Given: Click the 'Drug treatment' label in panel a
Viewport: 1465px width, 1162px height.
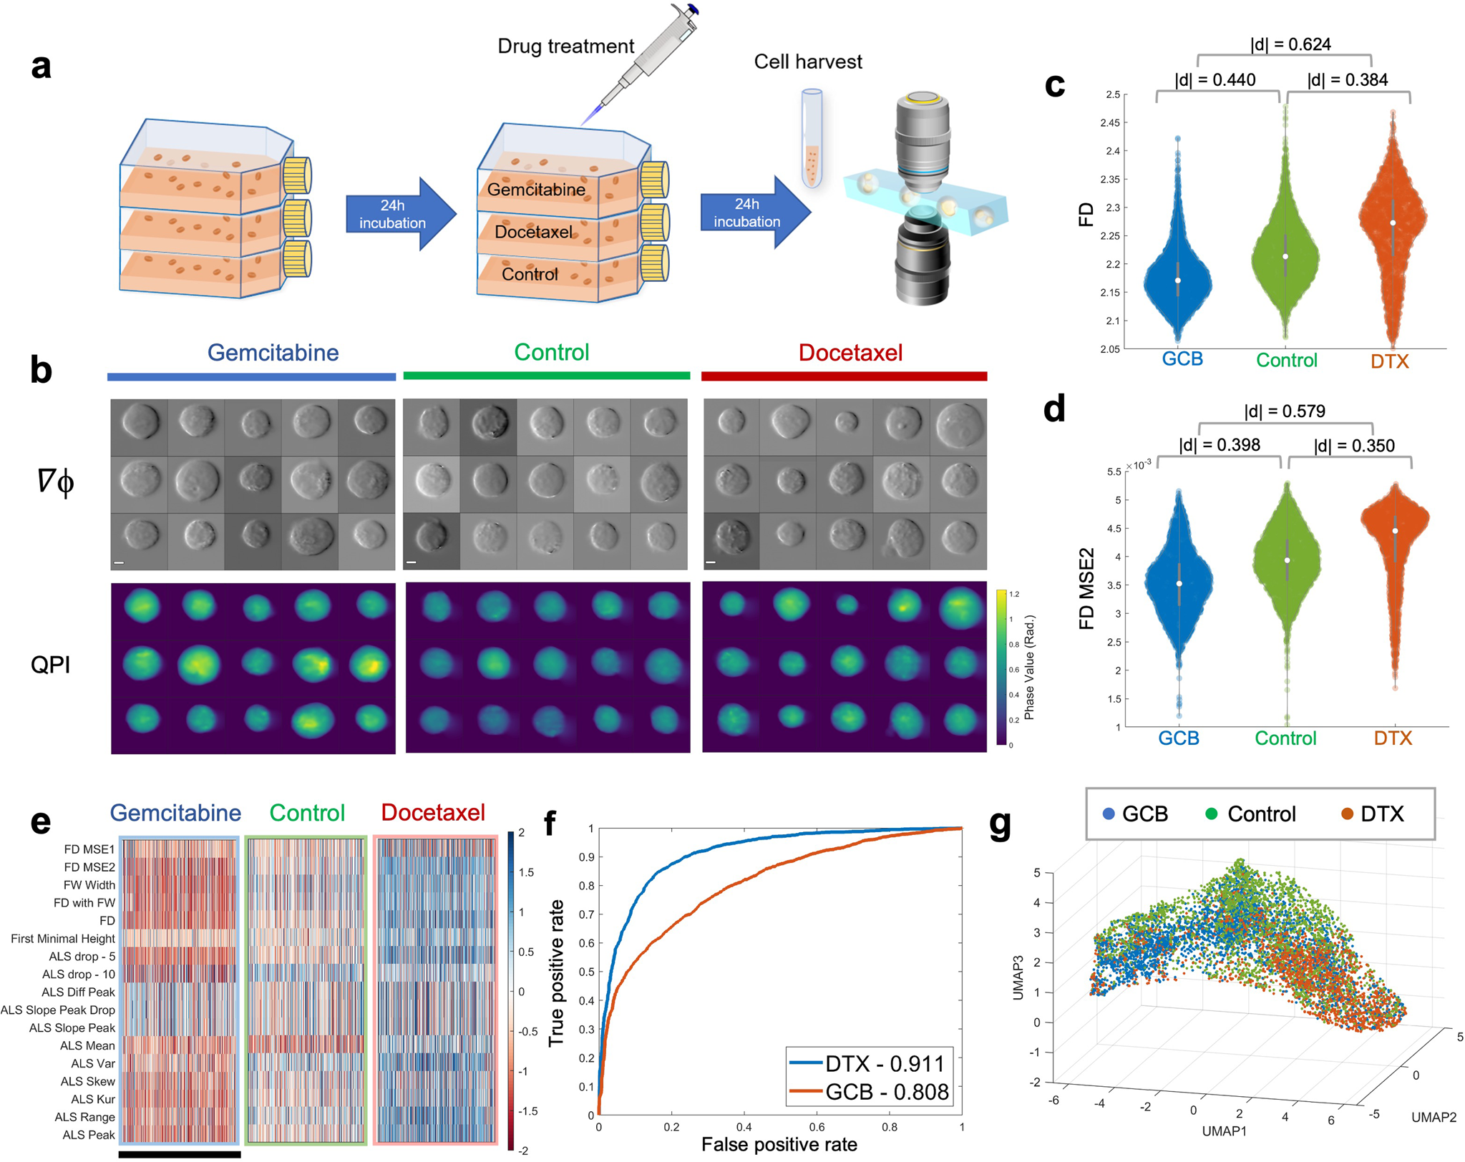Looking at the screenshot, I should (x=565, y=47).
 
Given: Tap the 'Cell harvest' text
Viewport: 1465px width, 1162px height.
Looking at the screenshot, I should (x=808, y=62).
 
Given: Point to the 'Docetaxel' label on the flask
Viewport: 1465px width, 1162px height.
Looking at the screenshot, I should (x=533, y=233).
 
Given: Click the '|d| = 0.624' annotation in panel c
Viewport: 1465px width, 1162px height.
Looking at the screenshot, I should (x=1290, y=44).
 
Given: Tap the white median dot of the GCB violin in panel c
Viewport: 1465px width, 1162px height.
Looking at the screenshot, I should (x=1178, y=280).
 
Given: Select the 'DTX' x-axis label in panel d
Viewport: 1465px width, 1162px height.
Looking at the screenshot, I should (x=1393, y=738).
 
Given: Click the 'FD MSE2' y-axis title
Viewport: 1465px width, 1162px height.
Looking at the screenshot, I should (x=1087, y=588).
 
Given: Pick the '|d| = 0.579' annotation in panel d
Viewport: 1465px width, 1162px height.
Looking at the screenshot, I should (x=1285, y=411).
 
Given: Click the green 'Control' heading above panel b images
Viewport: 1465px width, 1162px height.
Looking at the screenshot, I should (x=551, y=353).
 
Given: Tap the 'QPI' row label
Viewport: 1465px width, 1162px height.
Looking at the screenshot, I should (x=51, y=665).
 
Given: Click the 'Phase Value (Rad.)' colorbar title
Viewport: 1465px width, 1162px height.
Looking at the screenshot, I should (x=1029, y=667).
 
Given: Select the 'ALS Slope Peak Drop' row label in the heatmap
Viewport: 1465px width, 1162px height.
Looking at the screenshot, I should (x=58, y=1010).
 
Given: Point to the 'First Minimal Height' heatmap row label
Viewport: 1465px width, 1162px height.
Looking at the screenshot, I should (x=63, y=938).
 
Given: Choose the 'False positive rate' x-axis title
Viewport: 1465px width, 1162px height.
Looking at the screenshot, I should (x=779, y=1145).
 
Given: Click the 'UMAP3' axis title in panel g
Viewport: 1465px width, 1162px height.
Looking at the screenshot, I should (x=1018, y=977).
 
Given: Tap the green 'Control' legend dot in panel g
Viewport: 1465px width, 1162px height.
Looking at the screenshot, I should (x=1212, y=814).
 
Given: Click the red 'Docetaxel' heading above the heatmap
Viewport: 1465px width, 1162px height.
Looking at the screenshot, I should (x=433, y=813).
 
